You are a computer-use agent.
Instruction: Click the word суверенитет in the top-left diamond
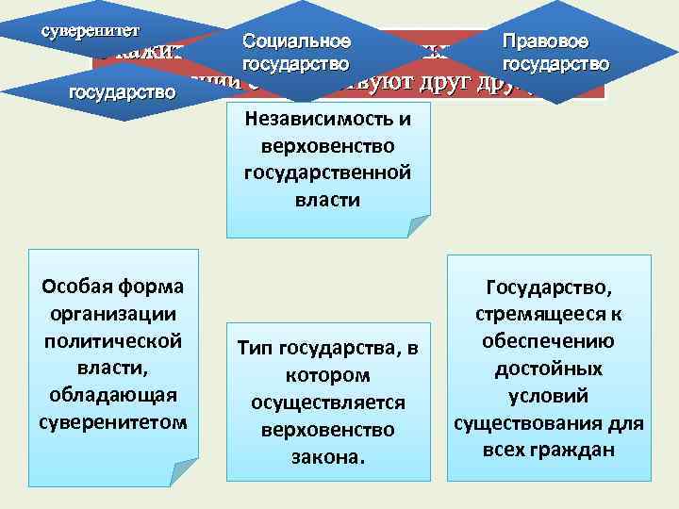pos(90,28)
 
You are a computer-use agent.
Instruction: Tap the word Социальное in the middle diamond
pos(296,42)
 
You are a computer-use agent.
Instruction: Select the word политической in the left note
pos(113,339)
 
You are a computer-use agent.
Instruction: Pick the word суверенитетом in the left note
pos(113,419)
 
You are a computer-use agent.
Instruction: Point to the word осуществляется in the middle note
pos(327,403)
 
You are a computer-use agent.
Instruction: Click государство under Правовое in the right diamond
pos(555,64)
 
